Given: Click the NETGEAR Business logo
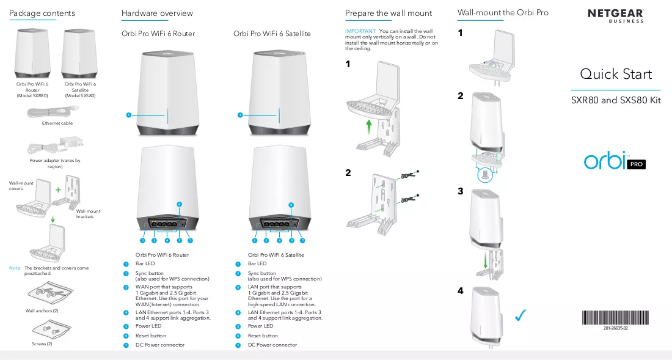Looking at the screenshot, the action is coord(615,15).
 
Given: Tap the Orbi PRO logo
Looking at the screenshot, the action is coord(615,161).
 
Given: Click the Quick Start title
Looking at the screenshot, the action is coord(616,74).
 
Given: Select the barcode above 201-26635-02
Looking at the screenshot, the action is coord(615,318).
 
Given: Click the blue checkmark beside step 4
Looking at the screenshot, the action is coord(520,315).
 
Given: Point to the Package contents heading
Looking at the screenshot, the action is coord(42,13).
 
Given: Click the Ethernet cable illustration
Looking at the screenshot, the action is coord(53,112).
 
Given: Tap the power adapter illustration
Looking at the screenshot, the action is coord(55,145).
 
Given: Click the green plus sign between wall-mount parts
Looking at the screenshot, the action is coord(58,189).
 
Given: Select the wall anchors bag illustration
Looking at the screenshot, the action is coord(51,293).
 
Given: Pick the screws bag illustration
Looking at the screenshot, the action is coord(51,329).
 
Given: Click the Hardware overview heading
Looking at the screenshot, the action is coord(157,13).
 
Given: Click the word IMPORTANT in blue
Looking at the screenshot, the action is coord(360,31).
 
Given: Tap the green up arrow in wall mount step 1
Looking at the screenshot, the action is coord(368,127).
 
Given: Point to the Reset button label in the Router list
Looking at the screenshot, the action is coord(150,336).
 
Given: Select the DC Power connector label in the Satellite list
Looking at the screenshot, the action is coord(272,345).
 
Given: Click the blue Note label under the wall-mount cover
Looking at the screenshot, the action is coord(15,268).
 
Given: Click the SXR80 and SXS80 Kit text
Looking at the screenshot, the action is coord(616,100).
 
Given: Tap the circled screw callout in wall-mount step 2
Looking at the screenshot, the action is coord(484,175).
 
